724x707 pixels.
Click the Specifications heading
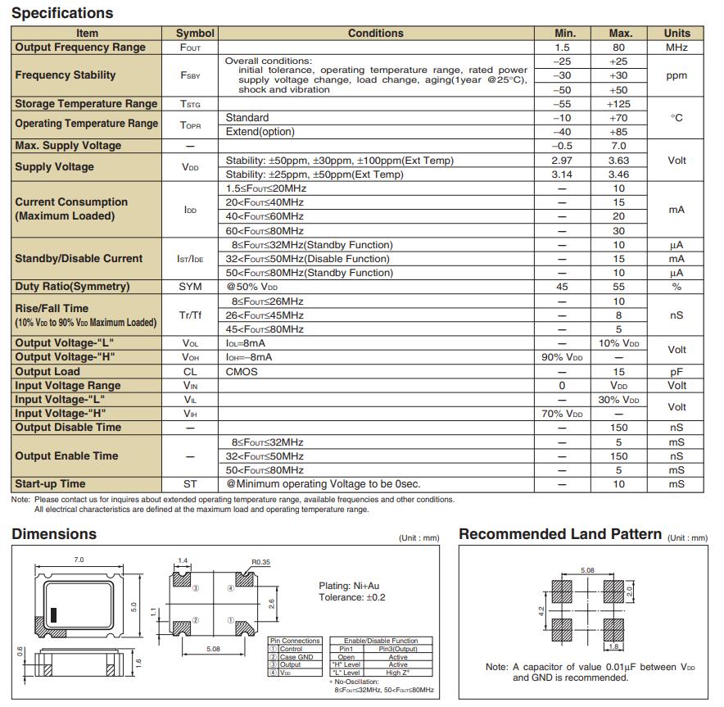(x=62, y=13)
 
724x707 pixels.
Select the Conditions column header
(x=375, y=34)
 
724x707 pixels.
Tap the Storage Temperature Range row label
(x=86, y=104)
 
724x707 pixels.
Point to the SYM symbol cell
(x=190, y=287)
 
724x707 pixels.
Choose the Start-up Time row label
(x=50, y=484)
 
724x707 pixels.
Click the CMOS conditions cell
(x=242, y=371)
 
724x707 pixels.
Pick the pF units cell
(x=676, y=371)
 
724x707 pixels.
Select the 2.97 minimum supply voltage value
(x=562, y=161)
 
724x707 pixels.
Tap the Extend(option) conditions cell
(x=260, y=132)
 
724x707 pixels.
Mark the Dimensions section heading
(x=54, y=534)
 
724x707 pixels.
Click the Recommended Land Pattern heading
(x=560, y=534)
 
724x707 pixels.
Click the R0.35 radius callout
(x=261, y=562)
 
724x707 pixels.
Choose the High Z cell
(x=398, y=673)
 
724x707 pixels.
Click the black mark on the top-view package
(x=54, y=614)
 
